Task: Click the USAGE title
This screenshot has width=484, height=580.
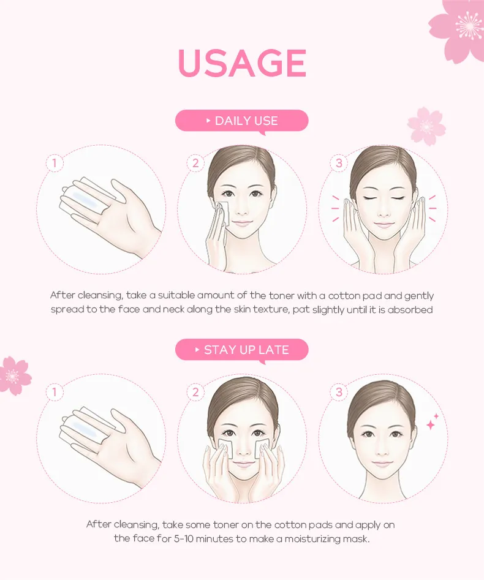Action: [242, 62]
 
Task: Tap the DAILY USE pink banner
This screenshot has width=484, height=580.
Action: [241, 121]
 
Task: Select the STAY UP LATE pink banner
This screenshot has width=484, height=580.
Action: [241, 350]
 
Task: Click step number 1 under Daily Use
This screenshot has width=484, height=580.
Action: [55, 163]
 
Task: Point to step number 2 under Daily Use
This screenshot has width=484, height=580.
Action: [195, 163]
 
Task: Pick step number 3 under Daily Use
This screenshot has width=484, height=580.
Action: [339, 163]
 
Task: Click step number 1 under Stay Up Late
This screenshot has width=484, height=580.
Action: [55, 392]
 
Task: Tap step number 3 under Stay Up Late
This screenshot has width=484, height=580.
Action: [339, 392]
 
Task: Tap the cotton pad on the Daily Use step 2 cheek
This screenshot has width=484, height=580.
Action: [223, 215]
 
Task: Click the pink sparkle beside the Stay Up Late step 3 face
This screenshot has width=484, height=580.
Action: [432, 422]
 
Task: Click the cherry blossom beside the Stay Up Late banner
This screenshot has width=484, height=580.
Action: [13, 375]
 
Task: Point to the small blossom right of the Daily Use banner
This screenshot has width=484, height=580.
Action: [426, 127]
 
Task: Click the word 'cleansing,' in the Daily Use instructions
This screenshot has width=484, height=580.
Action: [100, 296]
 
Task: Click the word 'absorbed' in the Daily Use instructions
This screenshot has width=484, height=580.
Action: [410, 310]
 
